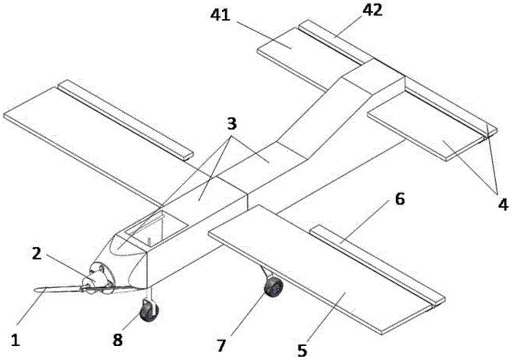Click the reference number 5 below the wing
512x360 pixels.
click(303, 350)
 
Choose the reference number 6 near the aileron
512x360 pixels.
click(400, 199)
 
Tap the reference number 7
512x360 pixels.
click(221, 346)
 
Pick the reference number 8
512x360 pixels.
click(118, 340)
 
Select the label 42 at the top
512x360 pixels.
click(372, 10)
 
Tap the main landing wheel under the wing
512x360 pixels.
click(273, 286)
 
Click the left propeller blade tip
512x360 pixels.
click(35, 289)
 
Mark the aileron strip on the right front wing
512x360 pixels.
click(377, 266)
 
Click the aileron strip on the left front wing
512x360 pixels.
click(125, 120)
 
